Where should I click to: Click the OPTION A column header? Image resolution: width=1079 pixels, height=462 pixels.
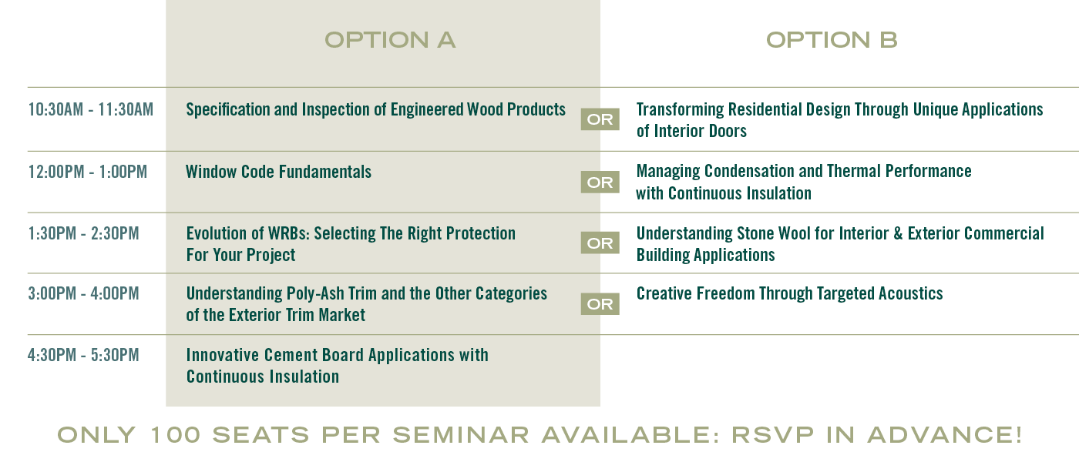[390, 40]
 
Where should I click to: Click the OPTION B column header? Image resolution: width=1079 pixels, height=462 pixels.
[832, 40]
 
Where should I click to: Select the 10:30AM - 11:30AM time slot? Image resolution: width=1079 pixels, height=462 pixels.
[91, 109]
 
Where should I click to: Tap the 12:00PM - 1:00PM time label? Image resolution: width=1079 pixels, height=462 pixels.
[88, 172]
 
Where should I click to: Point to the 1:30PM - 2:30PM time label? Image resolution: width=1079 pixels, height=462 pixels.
[83, 233]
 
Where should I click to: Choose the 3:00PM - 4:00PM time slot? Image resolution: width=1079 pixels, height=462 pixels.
[83, 293]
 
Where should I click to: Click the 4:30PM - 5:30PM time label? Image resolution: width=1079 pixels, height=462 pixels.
[83, 355]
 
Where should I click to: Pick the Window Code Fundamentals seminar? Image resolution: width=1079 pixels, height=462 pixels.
[278, 172]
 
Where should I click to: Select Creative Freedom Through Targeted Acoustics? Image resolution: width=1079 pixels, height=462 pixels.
[789, 293]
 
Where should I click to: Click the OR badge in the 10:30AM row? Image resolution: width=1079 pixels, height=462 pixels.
[600, 119]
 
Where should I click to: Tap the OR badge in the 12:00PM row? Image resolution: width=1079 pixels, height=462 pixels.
[600, 182]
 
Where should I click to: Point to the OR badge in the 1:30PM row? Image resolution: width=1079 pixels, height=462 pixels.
[600, 243]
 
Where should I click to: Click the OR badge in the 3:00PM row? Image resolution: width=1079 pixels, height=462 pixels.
[600, 304]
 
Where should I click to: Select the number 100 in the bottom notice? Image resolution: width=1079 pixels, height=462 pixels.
[176, 435]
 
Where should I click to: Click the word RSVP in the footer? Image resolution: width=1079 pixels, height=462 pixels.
[772, 435]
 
